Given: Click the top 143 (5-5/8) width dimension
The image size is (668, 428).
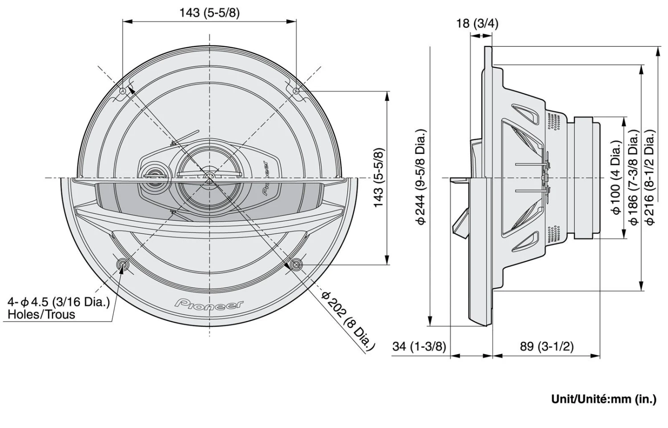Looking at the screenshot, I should (x=209, y=12).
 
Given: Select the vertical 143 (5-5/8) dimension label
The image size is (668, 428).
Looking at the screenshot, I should (x=379, y=177).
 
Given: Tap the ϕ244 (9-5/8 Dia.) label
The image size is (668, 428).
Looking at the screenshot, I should (x=421, y=177).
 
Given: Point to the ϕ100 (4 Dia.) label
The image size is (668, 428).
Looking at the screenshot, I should (x=616, y=177).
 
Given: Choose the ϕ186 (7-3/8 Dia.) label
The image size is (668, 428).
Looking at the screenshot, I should (x=633, y=177).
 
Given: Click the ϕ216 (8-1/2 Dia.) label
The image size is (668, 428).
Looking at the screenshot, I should (x=650, y=177).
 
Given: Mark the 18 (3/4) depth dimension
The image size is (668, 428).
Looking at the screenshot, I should (x=477, y=23).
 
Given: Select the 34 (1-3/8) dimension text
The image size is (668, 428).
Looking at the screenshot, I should (x=419, y=346).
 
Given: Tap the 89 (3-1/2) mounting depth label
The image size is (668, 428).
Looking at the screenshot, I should (x=547, y=346).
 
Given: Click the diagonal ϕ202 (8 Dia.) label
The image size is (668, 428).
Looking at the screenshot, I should (x=349, y=320).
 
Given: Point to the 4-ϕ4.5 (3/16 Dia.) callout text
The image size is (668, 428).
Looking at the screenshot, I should (x=58, y=302).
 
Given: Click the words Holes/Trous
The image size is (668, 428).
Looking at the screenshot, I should (x=41, y=314).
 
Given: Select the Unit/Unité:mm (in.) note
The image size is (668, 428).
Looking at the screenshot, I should (x=603, y=399).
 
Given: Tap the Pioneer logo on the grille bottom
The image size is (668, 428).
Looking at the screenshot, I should (x=209, y=304).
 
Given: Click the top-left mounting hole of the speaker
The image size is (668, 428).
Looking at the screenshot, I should (x=123, y=91).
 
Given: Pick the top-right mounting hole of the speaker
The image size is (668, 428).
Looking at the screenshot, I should (x=297, y=91).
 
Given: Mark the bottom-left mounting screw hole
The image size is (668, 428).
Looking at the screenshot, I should (x=123, y=265).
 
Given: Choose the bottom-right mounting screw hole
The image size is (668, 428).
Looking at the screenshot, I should (x=295, y=265).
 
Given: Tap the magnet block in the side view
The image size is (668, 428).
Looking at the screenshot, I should (x=587, y=177).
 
